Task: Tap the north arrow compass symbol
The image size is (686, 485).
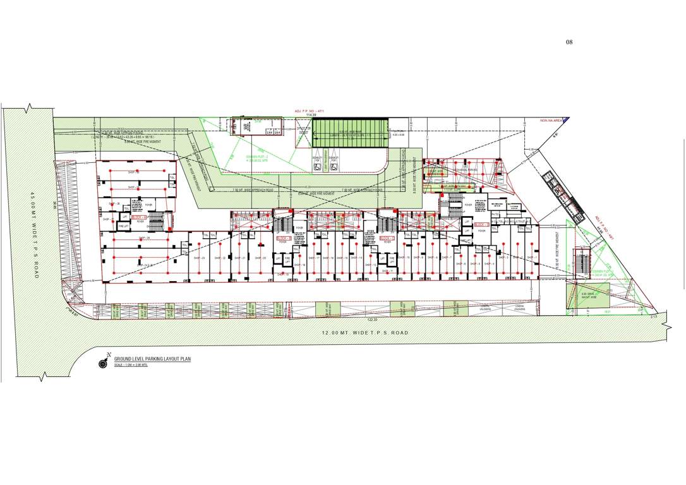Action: [103, 362]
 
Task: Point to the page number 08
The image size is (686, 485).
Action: [569, 42]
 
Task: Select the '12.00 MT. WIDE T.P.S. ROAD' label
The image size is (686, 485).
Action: [364, 333]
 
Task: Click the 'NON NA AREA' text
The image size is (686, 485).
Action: [550, 119]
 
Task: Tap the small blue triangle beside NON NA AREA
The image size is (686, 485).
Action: [566, 119]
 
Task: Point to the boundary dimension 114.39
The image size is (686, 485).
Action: [310, 114]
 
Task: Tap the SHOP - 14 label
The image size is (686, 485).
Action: [358, 258]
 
